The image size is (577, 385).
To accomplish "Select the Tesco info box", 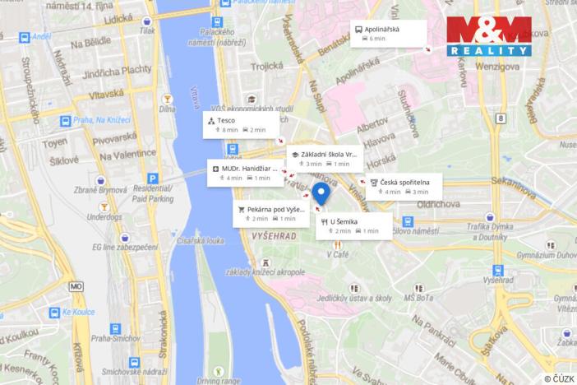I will click(241, 125).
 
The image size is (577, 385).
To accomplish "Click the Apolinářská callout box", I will click(388, 32).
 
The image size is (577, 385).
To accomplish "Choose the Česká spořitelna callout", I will click(404, 186).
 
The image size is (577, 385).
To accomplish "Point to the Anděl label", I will click(41, 37).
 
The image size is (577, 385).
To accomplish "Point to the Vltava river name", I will click(194, 98).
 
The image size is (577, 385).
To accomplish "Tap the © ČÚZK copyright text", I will click(558, 378).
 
